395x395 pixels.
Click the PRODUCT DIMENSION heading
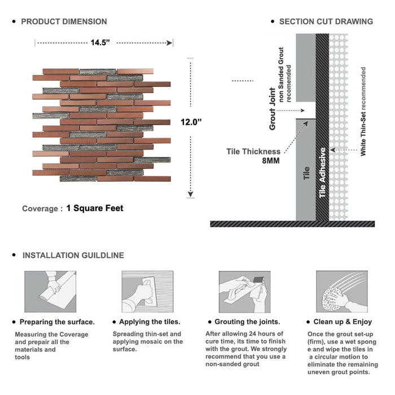[64, 21]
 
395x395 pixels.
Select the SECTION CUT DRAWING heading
[326, 21]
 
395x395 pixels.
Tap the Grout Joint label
[273, 109]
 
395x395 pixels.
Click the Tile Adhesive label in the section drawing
[323, 173]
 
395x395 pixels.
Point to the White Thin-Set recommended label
[363, 112]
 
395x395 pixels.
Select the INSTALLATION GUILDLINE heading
[73, 255]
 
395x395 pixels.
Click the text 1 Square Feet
[95, 208]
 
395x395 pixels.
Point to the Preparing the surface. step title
[57, 322]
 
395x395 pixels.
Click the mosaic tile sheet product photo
[101, 125]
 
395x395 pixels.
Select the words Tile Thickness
[253, 151]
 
